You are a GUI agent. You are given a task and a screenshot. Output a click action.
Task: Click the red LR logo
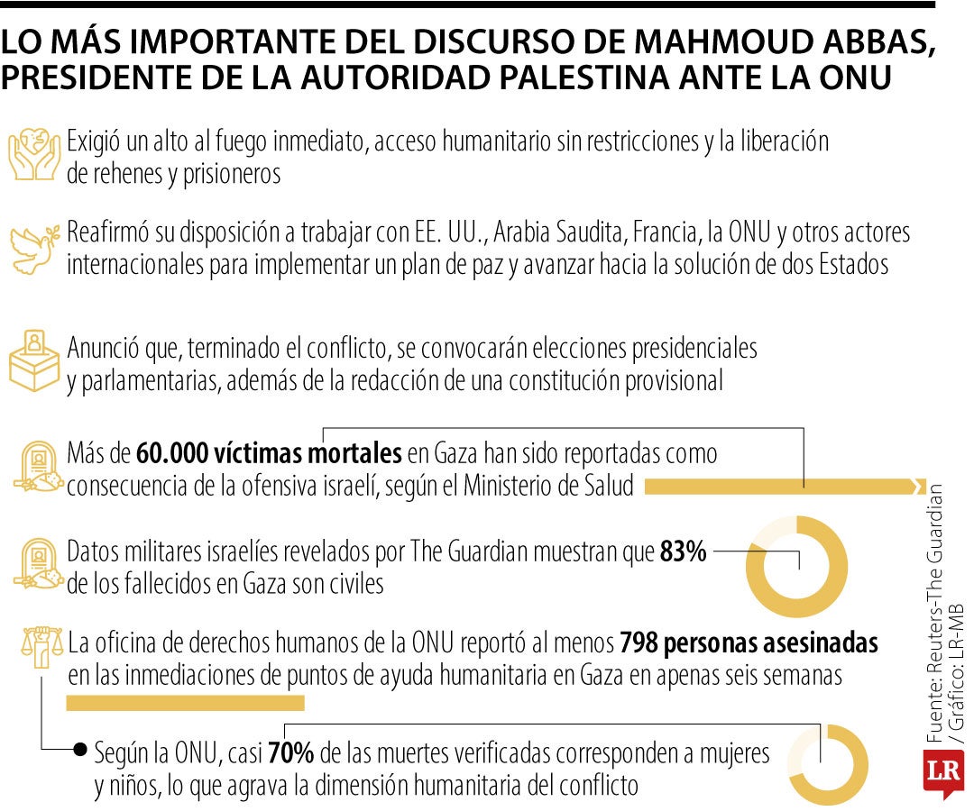pyautogui.click(x=942, y=772)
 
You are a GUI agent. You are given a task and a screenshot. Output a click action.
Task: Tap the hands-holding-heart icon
pyautogui.click(x=34, y=155)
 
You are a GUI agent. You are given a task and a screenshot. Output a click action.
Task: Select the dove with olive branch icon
pyautogui.click(x=36, y=247)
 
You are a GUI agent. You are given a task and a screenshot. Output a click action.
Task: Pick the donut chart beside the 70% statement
pyautogui.click(x=828, y=764)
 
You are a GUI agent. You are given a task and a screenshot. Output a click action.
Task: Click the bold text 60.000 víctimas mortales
pyautogui.click(x=269, y=452)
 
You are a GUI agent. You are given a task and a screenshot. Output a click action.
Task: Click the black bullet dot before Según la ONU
pyautogui.click(x=80, y=750)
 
